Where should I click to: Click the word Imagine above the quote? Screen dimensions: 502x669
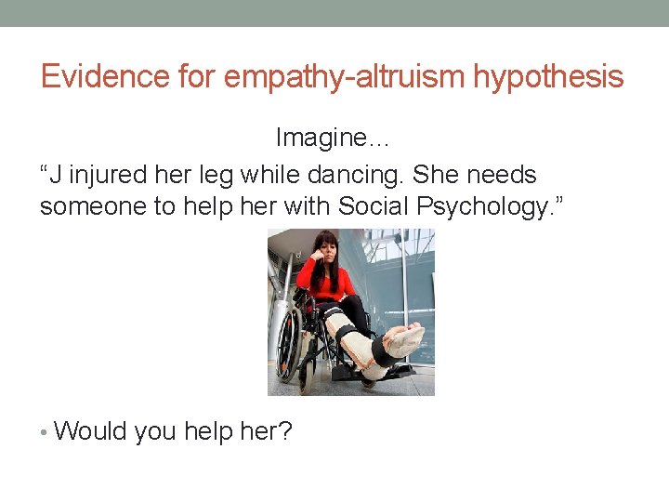327,138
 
